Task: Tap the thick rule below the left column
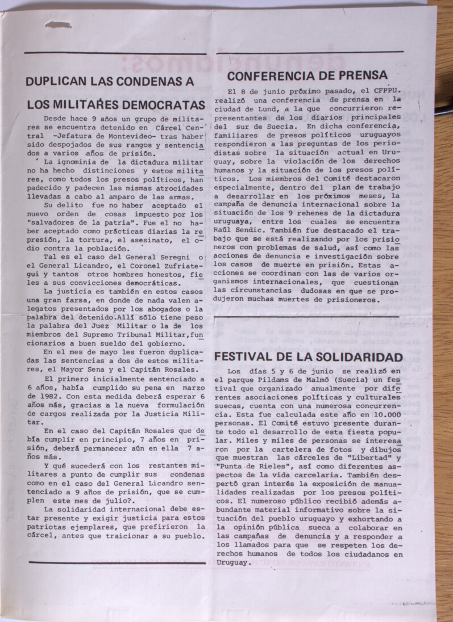coord(117,562)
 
